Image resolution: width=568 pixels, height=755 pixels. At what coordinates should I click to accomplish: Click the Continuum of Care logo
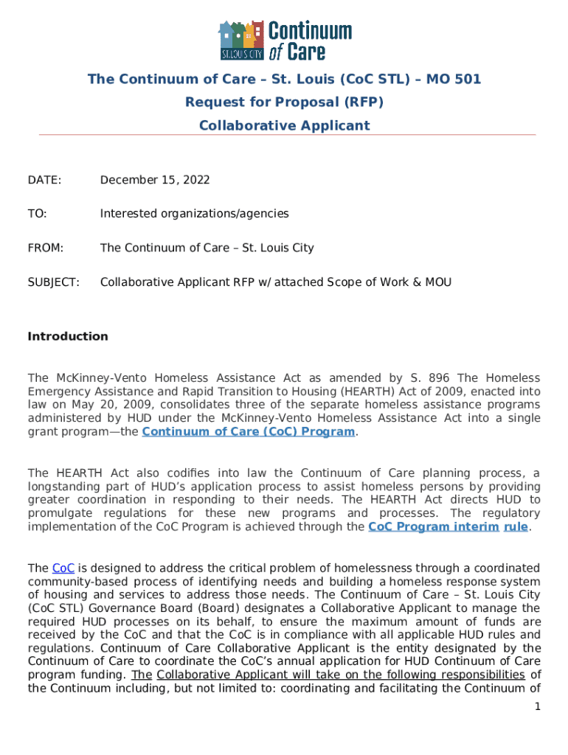click(x=284, y=40)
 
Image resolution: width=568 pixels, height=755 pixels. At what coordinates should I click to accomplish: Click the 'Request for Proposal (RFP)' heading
click(x=284, y=102)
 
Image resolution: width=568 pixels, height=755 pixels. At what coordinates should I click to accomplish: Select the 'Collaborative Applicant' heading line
click(x=284, y=125)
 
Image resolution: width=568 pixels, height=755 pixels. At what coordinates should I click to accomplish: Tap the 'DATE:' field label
click(x=44, y=180)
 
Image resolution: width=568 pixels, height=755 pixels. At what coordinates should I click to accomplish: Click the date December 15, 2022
click(x=155, y=180)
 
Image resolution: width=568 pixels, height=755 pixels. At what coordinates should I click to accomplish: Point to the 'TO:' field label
click(x=37, y=214)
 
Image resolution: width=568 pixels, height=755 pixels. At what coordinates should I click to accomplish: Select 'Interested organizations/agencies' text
click(x=194, y=214)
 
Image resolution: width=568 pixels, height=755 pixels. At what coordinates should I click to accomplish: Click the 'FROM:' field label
click(x=45, y=248)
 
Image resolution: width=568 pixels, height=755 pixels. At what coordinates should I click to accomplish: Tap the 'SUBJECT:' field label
click(x=53, y=282)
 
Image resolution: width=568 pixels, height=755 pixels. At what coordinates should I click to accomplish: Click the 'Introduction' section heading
click(x=68, y=336)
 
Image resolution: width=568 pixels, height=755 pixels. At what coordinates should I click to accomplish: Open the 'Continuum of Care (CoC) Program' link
click(x=248, y=432)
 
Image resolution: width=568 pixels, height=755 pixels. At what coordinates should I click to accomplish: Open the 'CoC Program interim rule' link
click(x=447, y=526)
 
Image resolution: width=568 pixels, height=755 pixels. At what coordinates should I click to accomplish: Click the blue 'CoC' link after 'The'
click(x=63, y=568)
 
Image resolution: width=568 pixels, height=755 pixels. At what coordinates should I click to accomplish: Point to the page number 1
click(x=538, y=707)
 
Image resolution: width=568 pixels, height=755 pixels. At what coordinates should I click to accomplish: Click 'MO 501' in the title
click(x=451, y=79)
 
